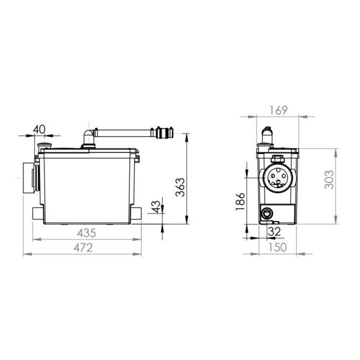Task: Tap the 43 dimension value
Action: coord(156,206)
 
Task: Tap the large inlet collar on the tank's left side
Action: coord(29,178)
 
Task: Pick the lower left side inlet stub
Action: coord(36,213)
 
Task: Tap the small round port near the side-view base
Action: coord(267,213)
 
